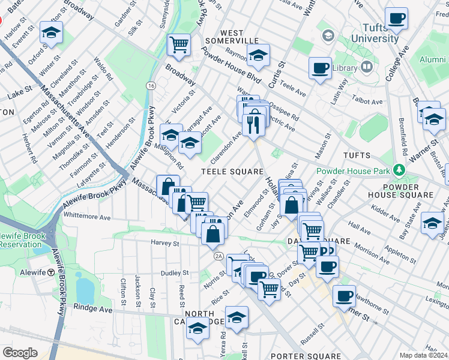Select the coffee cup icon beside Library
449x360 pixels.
[x=320, y=68]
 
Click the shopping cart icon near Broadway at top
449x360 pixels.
[x=179, y=44]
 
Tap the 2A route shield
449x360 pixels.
[x=218, y=256]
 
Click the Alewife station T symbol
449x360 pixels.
[x=52, y=272]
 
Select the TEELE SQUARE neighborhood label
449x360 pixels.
[x=232, y=172]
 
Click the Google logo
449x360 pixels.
[x=20, y=353]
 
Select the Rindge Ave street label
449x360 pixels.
[x=93, y=309]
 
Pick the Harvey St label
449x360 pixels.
[x=165, y=244]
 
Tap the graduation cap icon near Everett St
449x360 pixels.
[x=52, y=32]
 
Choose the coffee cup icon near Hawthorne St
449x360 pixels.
[x=344, y=296]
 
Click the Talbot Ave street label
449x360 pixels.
[x=368, y=102]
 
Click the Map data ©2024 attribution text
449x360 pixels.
[x=423, y=355]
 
